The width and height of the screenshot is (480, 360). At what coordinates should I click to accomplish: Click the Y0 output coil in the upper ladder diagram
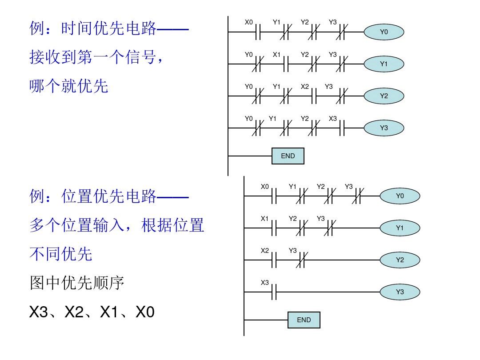click(x=384, y=32)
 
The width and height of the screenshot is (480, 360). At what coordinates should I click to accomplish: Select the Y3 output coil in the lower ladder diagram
click(x=400, y=292)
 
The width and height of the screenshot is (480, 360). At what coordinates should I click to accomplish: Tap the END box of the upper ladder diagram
click(x=288, y=156)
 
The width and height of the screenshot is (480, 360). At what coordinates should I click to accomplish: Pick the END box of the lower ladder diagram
click(x=304, y=320)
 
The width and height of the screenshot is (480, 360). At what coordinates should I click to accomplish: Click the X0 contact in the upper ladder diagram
click(x=256, y=32)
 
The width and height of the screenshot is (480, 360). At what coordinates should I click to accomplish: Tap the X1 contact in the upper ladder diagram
click(x=285, y=64)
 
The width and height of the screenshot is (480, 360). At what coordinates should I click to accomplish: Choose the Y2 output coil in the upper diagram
click(x=384, y=96)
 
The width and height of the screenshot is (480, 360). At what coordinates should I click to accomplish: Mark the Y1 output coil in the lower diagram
click(x=400, y=228)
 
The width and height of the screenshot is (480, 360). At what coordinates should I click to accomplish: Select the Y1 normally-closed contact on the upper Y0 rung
click(x=285, y=32)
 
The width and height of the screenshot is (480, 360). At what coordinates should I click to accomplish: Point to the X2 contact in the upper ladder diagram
click(x=313, y=96)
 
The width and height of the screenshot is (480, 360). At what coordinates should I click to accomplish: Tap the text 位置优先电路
click(x=109, y=196)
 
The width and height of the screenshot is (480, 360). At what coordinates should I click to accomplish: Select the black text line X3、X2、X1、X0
click(x=92, y=312)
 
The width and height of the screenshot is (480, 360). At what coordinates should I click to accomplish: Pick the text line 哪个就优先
click(x=69, y=86)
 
